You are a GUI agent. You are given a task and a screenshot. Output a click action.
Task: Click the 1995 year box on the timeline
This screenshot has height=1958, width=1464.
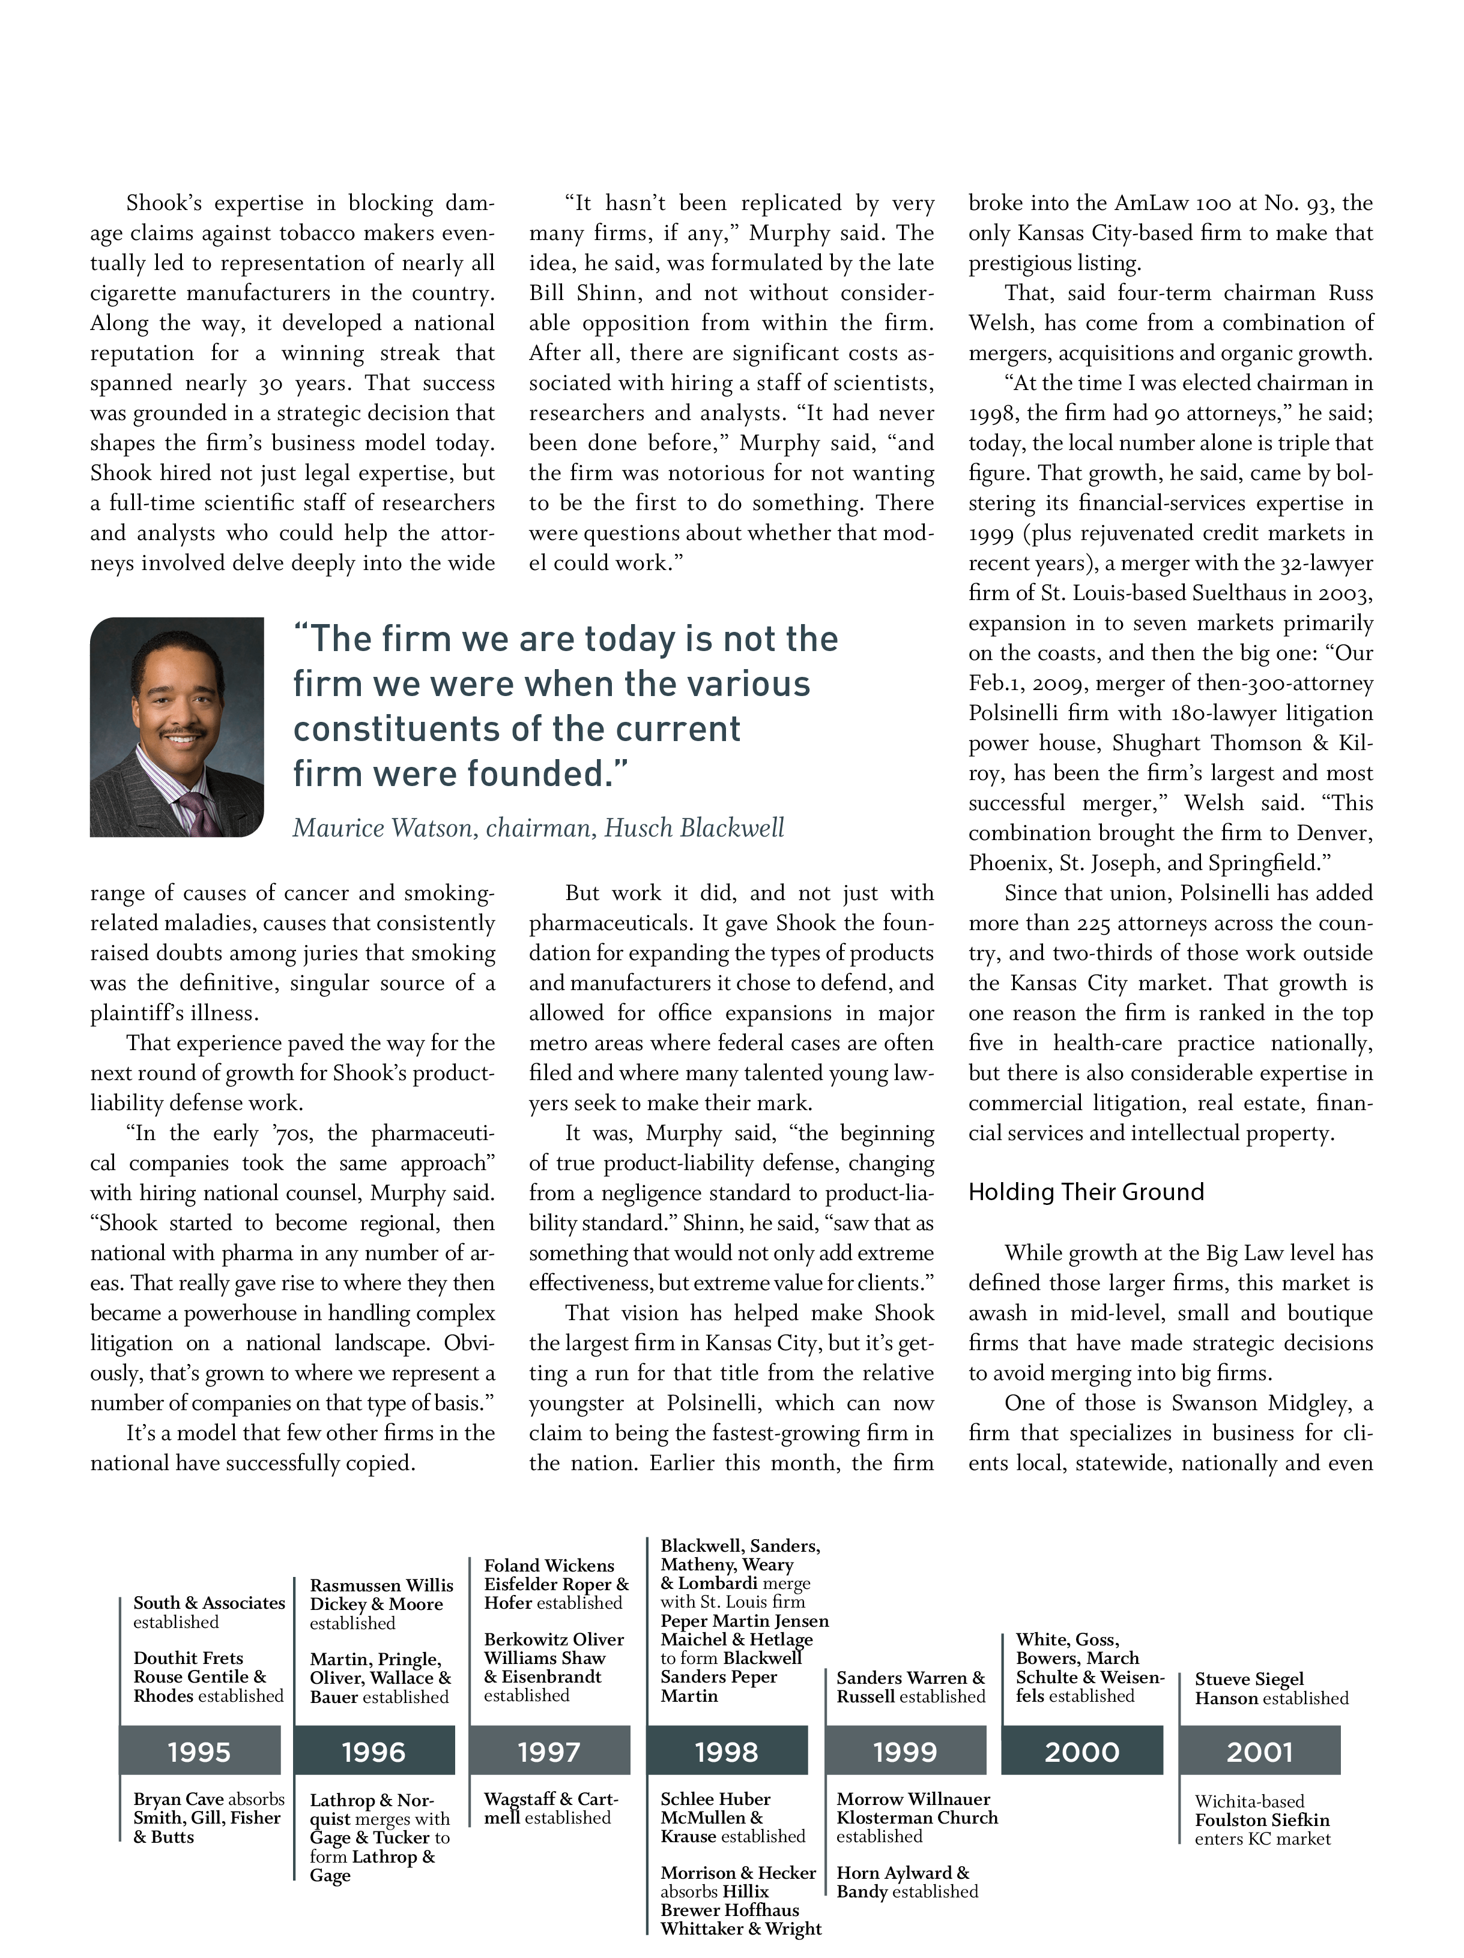(199, 1752)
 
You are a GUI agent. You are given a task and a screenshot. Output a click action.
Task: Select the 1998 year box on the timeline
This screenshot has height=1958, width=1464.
(727, 1752)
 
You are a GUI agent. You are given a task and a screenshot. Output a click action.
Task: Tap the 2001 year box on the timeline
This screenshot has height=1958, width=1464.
(1259, 1752)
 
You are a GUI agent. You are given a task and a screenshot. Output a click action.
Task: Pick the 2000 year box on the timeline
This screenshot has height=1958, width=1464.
(1081, 1752)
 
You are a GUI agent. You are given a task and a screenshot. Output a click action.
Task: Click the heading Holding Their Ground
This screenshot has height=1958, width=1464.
(1086, 1192)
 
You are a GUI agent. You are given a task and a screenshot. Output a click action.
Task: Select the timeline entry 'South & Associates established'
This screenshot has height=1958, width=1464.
(209, 1612)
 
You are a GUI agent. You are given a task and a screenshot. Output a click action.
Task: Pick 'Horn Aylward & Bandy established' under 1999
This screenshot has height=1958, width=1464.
(906, 1882)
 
